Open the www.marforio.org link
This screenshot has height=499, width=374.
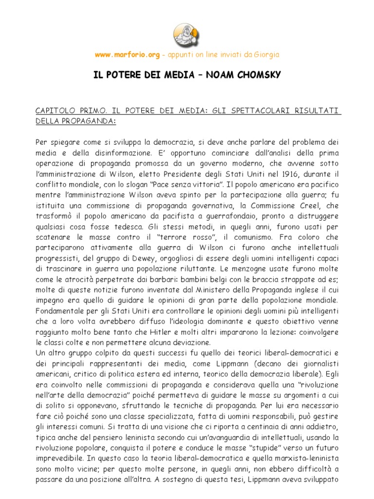tap(127, 55)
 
